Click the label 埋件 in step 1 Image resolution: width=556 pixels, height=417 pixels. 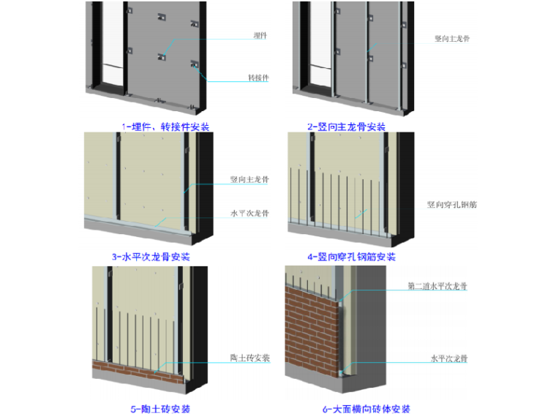tap(258, 34)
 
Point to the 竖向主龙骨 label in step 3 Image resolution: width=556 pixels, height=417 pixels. tap(249, 179)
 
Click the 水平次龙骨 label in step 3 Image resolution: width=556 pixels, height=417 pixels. tap(249, 214)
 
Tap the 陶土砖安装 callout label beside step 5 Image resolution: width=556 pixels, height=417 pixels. tap(250, 358)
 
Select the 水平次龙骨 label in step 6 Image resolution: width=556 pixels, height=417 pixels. tap(448, 358)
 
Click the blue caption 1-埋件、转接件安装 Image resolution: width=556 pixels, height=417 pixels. tap(165, 127)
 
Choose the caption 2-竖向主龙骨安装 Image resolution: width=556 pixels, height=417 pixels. tap(347, 127)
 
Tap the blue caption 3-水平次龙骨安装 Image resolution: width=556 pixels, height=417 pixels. tap(151, 257)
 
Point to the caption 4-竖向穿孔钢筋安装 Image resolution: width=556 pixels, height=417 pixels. tap(351, 257)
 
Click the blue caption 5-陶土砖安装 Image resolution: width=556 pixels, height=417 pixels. tap(153, 409)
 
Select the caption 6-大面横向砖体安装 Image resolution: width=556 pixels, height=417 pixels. tap(364, 409)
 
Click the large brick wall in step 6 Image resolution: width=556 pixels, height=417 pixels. tap(311, 329)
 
